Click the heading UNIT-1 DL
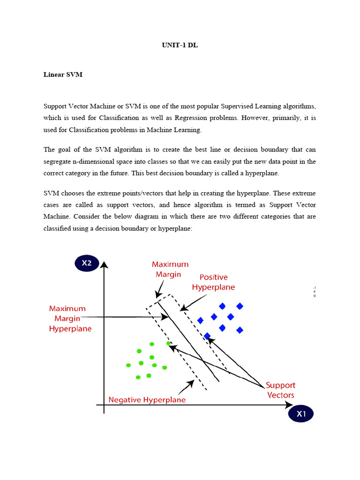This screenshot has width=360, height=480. click(x=180, y=46)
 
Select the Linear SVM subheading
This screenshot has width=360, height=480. click(x=63, y=75)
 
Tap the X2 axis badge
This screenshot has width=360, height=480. click(x=87, y=263)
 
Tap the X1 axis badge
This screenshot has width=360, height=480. click(x=301, y=414)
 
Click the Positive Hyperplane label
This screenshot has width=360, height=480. click(x=213, y=282)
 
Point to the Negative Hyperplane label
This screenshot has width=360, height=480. click(x=147, y=400)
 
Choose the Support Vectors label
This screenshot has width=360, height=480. click(x=280, y=390)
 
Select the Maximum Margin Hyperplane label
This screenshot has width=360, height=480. click(x=70, y=319)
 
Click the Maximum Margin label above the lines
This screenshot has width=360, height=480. click(x=170, y=270)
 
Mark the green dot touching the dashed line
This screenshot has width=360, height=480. click(x=169, y=343)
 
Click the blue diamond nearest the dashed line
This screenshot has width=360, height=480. click(x=207, y=336)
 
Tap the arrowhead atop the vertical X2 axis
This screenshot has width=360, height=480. click(x=105, y=265)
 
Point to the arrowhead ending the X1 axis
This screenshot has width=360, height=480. click(x=280, y=405)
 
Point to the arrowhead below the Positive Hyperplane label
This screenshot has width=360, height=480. click(x=183, y=308)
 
